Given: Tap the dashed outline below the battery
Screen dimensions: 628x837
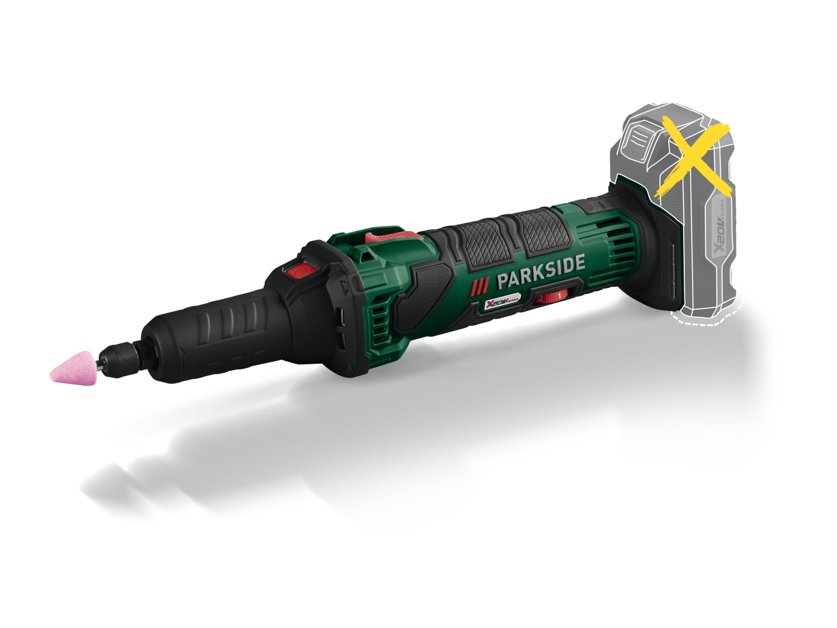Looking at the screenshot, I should click(708, 322).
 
